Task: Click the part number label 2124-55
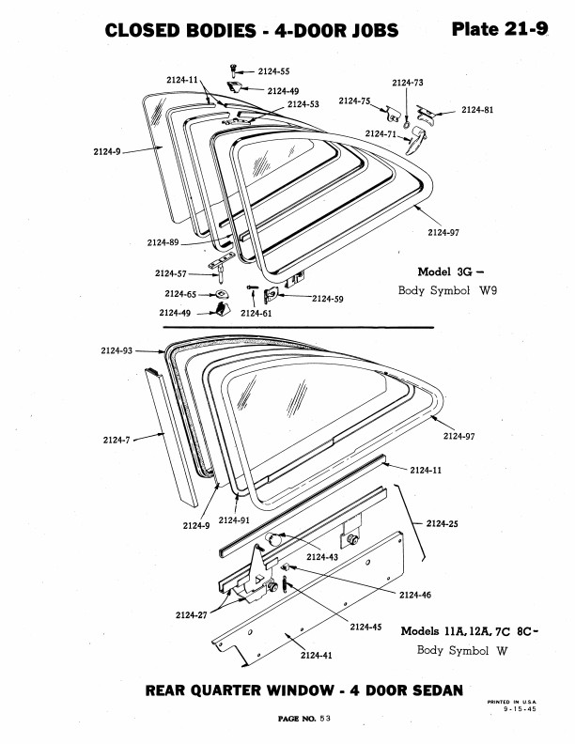pos(273,71)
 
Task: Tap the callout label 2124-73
pos(408,83)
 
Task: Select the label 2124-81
pos(477,110)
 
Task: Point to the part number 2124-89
pos(163,242)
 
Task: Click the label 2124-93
pos(117,350)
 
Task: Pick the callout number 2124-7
pos(117,440)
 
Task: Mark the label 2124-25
pos(443,523)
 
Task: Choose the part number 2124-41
pos(317,656)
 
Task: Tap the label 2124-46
pos(415,595)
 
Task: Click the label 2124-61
pos(256,313)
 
